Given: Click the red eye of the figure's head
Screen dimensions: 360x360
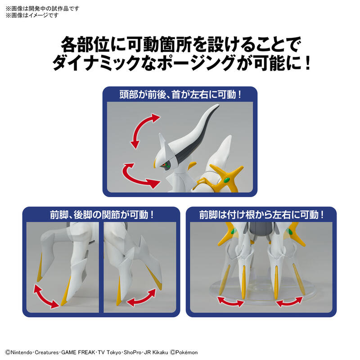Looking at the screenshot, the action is pyautogui.click(x=164, y=165).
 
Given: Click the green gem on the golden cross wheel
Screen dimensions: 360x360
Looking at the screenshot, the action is pyautogui.click(x=227, y=180).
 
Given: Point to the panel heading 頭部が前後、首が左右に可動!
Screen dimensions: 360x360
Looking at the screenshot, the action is pyautogui.click(x=180, y=94).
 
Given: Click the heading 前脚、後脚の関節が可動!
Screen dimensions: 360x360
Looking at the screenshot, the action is pyautogui.click(x=102, y=215).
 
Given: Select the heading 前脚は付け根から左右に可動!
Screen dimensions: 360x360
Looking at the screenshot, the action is pyautogui.click(x=261, y=215).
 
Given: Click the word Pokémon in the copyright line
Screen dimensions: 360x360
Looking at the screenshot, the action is pyautogui.click(x=186, y=352).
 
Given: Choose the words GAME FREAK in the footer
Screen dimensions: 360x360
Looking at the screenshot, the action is pyautogui.click(x=78, y=352).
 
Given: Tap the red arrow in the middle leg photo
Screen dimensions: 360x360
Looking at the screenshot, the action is pyautogui.click(x=142, y=298).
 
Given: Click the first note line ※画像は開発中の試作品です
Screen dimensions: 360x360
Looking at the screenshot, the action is pyautogui.click(x=42, y=9).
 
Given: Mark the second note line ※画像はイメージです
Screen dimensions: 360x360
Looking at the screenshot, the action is pyautogui.click(x=32, y=15).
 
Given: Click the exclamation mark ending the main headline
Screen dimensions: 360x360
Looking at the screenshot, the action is pyautogui.click(x=307, y=63).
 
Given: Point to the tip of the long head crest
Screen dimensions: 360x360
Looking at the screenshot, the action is pyautogui.click(x=218, y=105).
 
